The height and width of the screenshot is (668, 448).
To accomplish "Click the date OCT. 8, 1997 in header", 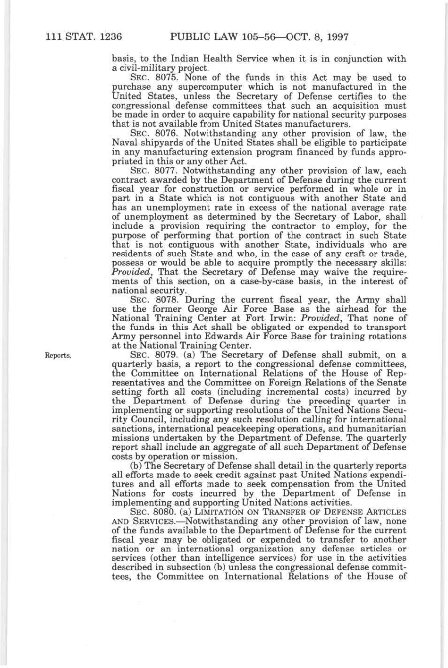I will pyautogui.click(x=315, y=36).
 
